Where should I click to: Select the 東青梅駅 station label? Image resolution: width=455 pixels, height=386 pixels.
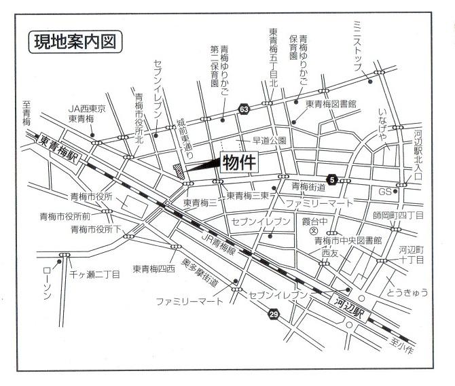click(58, 143)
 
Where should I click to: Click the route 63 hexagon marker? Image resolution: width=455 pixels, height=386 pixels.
click(243, 109)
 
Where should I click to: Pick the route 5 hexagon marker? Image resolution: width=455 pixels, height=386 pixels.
click(331, 179)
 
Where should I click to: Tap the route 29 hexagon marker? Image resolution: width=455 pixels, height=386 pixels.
click(274, 314)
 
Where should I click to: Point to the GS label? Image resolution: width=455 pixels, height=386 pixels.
click(385, 191)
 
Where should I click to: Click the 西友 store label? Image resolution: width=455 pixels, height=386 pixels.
click(329, 252)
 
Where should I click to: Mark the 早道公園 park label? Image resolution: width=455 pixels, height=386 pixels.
click(270, 141)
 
